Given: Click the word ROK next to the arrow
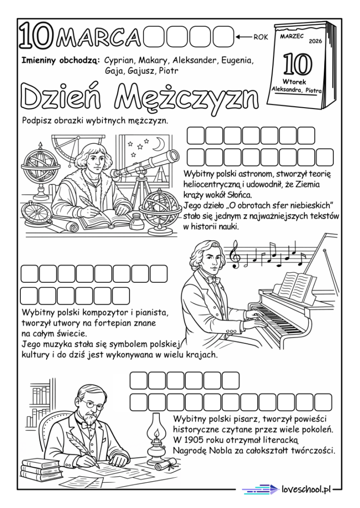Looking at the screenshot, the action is (x=261, y=37).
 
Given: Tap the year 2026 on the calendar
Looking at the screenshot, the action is (x=316, y=41).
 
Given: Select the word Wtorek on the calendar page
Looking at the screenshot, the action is (x=294, y=82).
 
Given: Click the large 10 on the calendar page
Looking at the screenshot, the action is (x=298, y=64).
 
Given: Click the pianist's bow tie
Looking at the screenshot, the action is (x=213, y=280).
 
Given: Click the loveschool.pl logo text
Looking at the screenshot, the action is (x=306, y=489).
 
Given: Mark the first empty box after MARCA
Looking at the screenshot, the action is (x=154, y=37).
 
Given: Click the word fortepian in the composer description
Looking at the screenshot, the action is (x=112, y=323).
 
